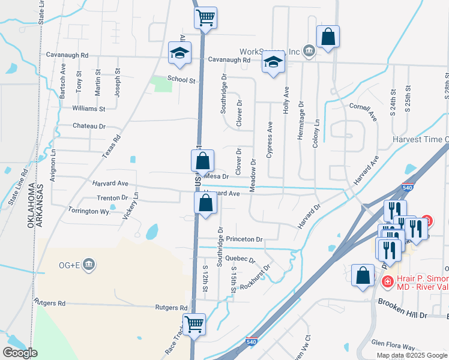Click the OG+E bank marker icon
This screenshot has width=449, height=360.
pos(88,264)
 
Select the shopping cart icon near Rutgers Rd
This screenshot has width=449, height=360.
pos(194,324)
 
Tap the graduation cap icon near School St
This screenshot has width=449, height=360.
pos(179,53)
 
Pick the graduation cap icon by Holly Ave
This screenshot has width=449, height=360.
pos(273,62)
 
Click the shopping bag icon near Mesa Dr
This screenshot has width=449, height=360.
pos(203,161)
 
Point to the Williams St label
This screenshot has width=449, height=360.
pos(88,109)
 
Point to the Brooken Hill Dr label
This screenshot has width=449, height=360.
pos(402,314)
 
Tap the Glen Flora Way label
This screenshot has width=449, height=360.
pos(393,347)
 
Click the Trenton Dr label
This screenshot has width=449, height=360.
pos(113,197)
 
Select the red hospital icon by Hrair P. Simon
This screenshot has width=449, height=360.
pos(388,281)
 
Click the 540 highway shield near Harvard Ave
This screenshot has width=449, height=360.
pos(408,187)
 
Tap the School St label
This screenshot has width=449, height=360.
pos(181,79)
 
